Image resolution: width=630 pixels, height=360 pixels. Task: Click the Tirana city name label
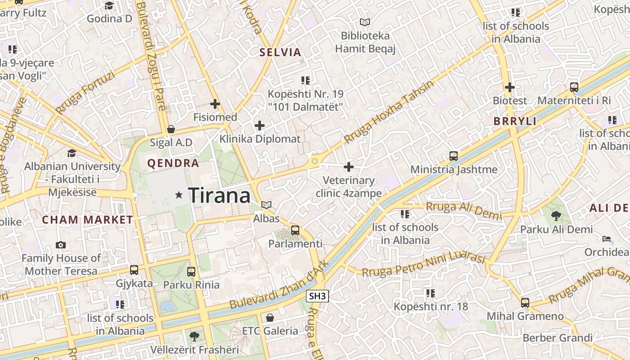click(219, 195)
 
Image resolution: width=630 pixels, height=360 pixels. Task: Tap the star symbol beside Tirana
click(179, 195)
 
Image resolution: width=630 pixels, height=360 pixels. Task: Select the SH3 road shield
click(318, 296)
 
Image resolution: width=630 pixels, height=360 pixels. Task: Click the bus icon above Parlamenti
click(295, 230)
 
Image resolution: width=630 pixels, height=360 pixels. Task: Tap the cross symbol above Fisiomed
click(215, 104)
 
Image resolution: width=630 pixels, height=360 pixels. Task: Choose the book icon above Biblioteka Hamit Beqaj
click(365, 22)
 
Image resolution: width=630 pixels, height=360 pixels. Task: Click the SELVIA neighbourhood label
click(280, 53)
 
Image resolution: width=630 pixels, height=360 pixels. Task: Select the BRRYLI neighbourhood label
click(515, 121)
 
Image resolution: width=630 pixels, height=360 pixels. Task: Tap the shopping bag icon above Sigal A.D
click(171, 129)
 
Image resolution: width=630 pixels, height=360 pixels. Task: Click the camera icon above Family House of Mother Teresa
click(61, 245)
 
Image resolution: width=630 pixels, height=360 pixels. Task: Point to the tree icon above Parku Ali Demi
click(556, 216)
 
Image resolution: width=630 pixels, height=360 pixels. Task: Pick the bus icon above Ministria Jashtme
click(454, 156)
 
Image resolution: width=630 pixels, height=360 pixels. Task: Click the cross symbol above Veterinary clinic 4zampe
click(349, 167)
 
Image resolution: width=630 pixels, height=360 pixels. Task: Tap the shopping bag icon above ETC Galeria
click(270, 318)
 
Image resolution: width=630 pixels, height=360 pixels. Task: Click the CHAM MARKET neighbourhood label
click(87, 220)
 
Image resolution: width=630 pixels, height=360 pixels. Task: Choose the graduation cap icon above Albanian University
click(72, 153)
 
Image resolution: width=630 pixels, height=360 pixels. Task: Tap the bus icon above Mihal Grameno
click(525, 302)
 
